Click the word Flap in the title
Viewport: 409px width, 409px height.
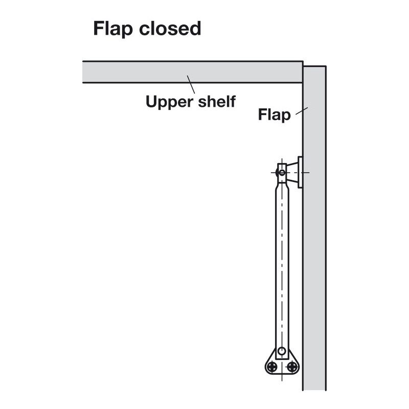[112, 29]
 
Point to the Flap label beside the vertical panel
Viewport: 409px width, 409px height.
[274, 115]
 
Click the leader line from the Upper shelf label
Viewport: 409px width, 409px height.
[191, 84]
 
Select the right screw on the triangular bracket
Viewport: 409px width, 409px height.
[292, 366]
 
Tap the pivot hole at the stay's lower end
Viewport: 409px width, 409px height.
[282, 352]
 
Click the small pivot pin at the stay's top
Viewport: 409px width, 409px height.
[282, 173]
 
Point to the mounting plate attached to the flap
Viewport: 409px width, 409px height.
[300, 172]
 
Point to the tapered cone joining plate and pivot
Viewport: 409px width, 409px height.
[292, 172]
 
